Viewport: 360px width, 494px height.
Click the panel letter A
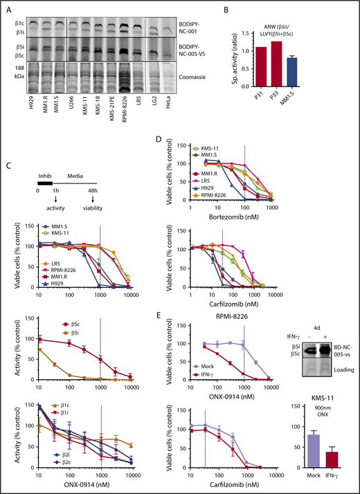tap(6, 6)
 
